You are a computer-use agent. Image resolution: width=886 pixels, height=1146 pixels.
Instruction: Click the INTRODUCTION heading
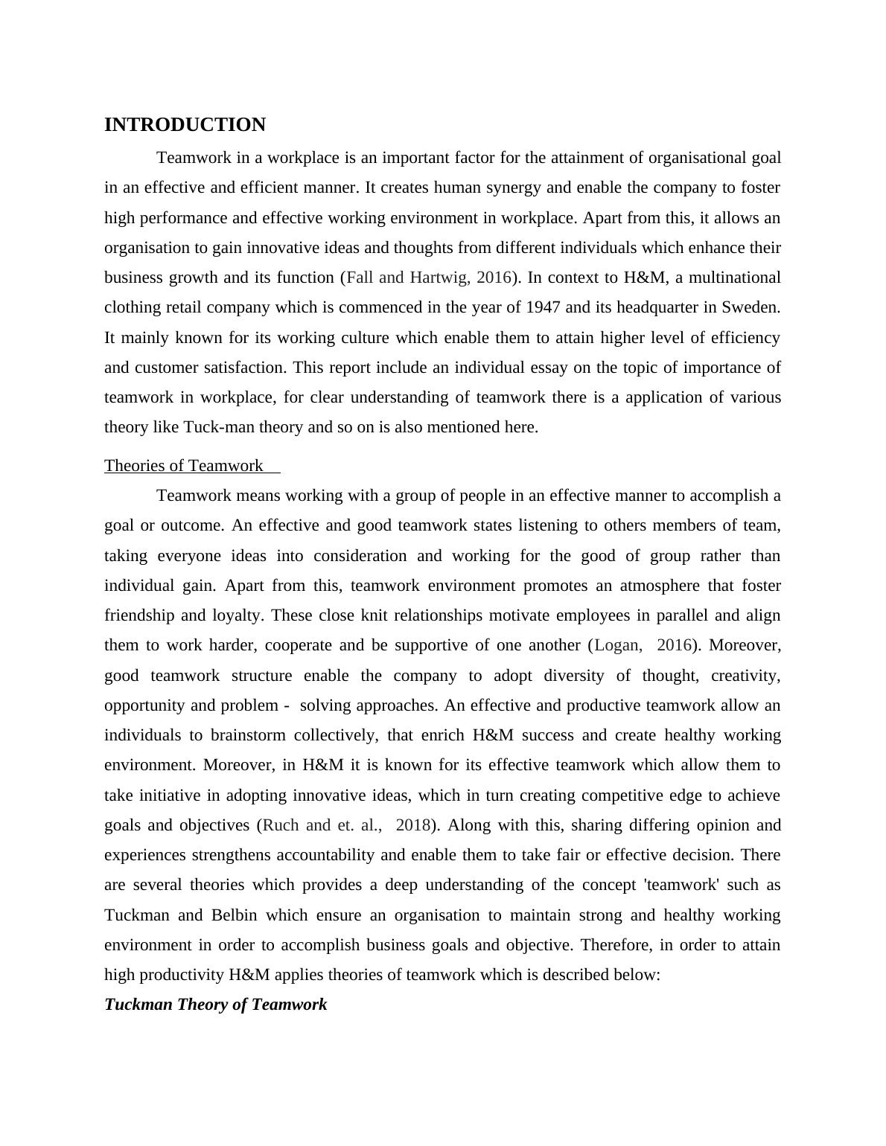(x=185, y=125)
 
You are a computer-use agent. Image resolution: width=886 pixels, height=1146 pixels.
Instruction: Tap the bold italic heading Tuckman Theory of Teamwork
(x=215, y=1005)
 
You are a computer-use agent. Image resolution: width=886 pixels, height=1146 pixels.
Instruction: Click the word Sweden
(x=753, y=307)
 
